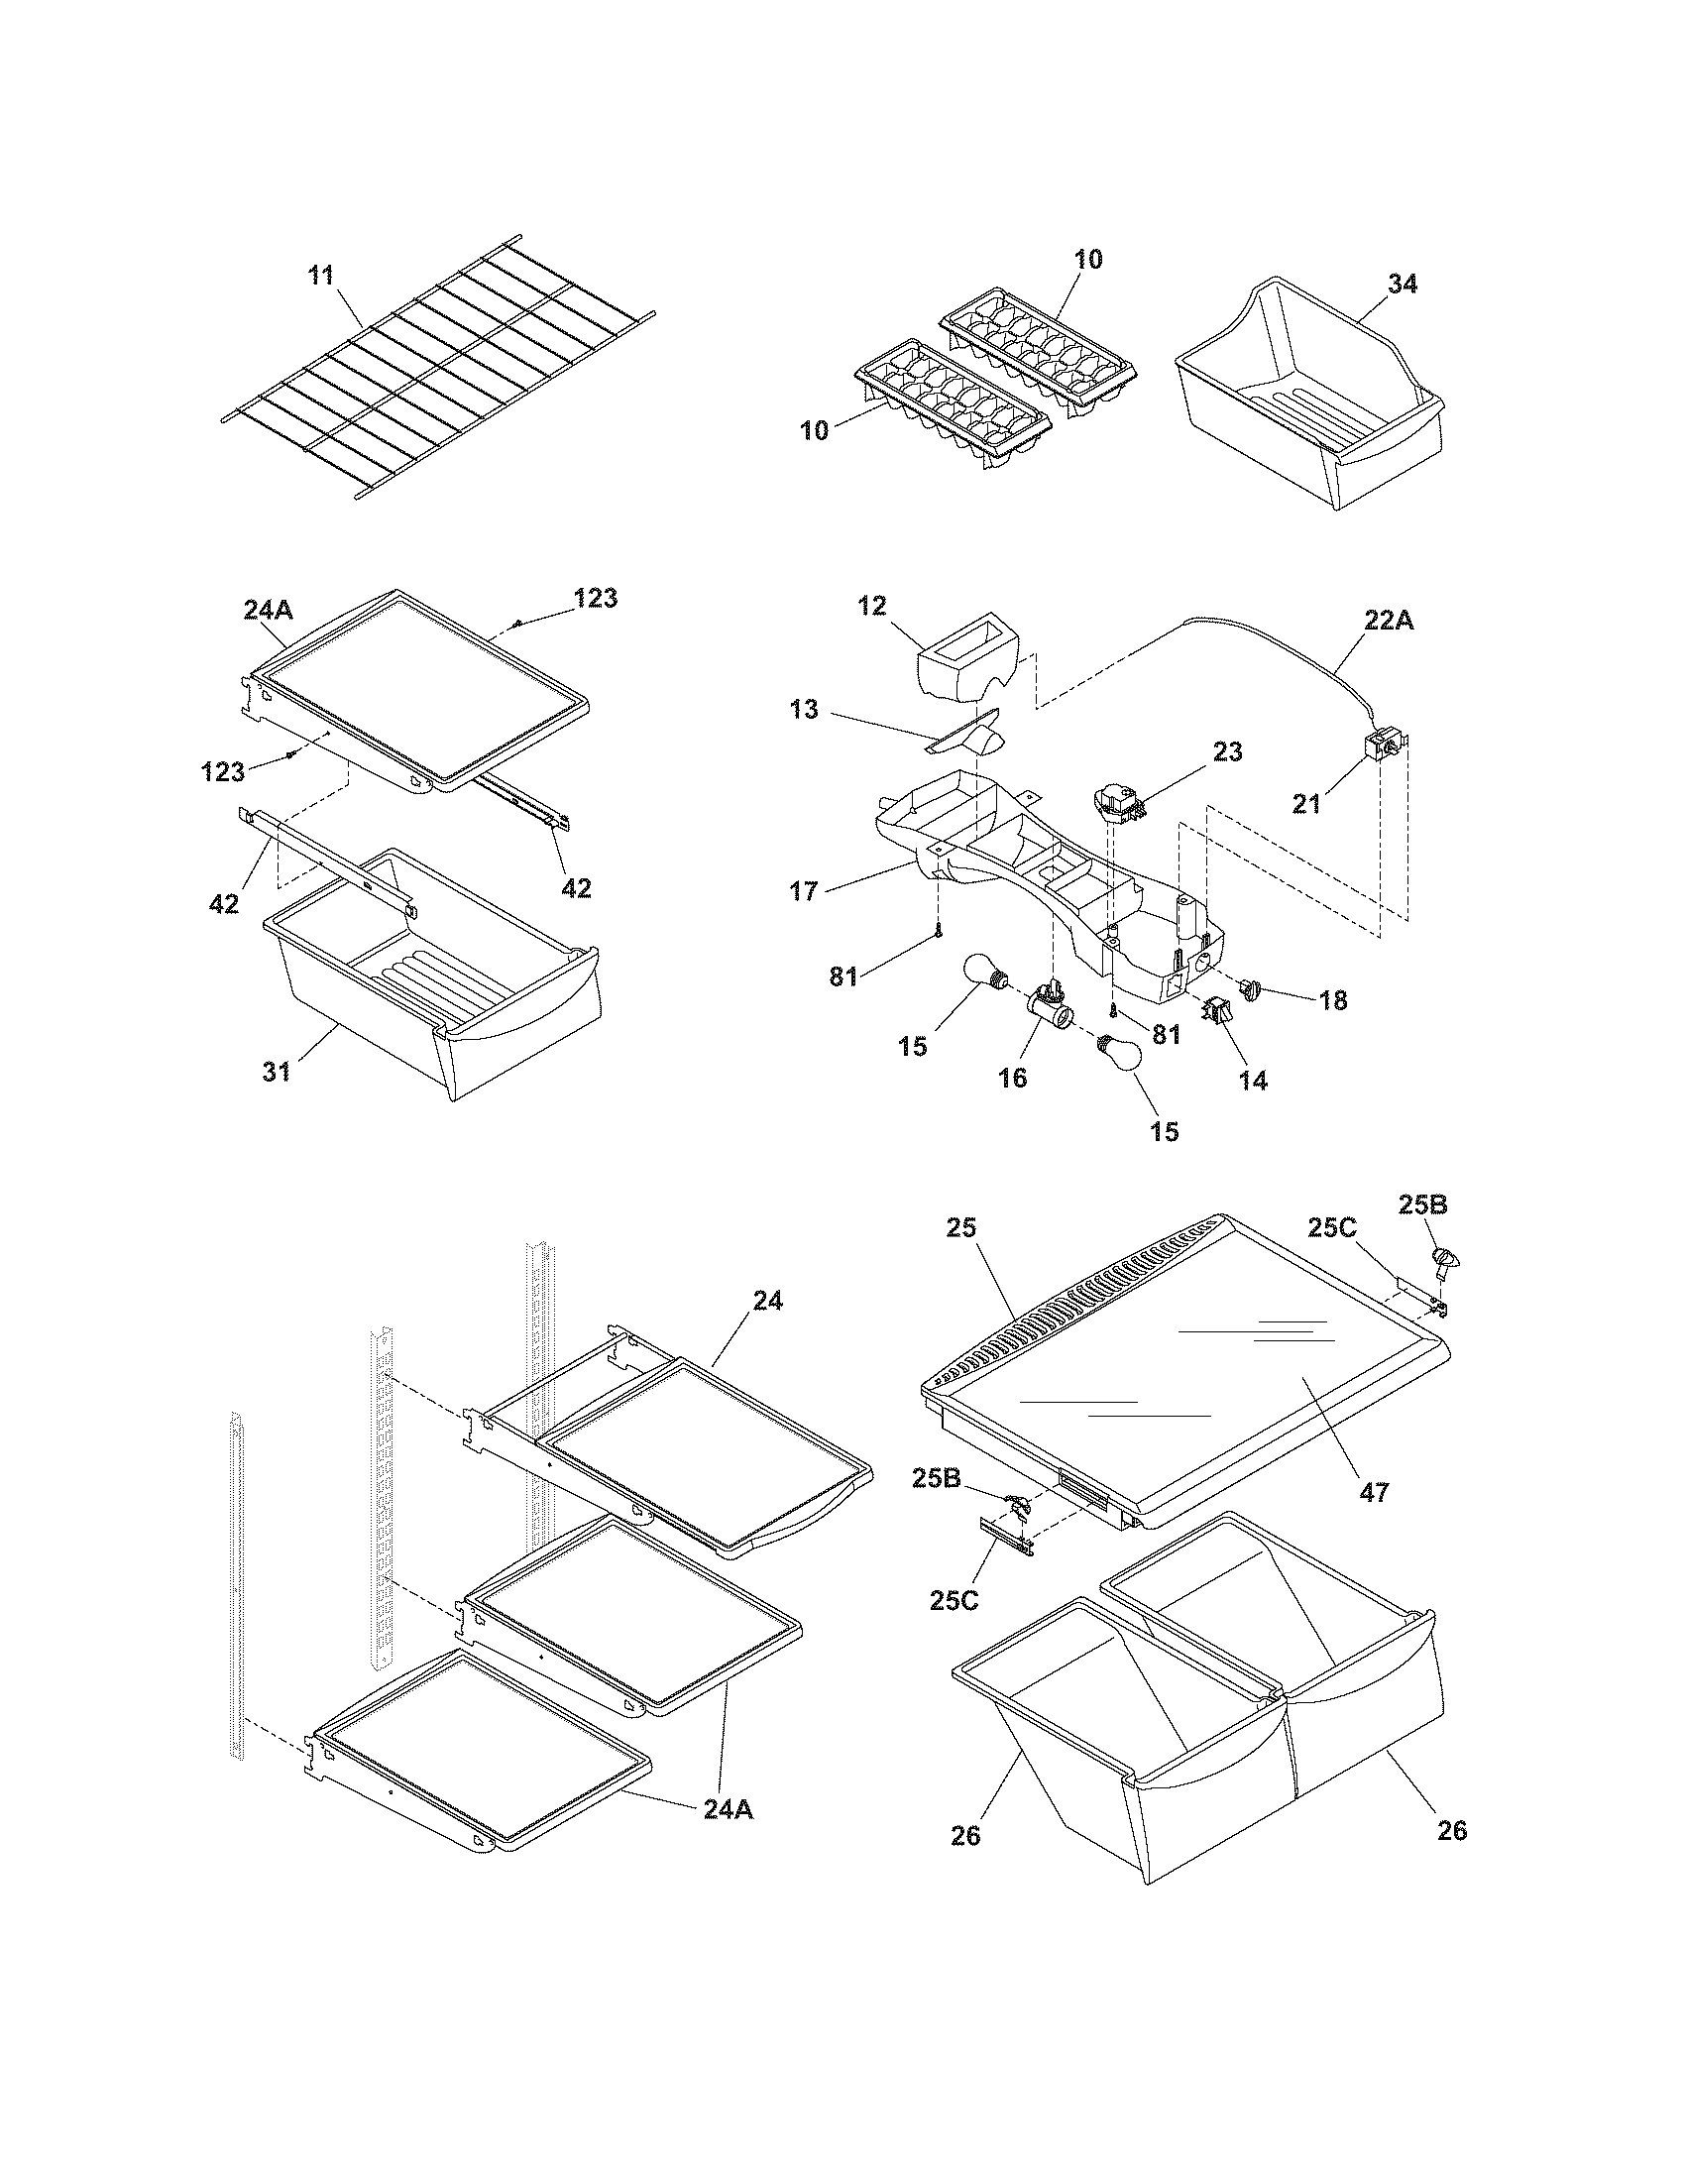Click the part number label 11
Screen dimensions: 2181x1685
click(320, 275)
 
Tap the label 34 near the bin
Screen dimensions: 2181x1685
click(1402, 285)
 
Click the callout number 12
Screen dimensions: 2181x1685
click(871, 606)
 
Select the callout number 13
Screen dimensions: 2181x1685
click(803, 709)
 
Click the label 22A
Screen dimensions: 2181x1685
click(1389, 621)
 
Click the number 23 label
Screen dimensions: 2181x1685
click(1227, 752)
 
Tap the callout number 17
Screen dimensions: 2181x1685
click(804, 891)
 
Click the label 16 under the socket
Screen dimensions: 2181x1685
click(1012, 1078)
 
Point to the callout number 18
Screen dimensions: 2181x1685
click(1332, 999)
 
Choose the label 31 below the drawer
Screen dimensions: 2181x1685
click(277, 1072)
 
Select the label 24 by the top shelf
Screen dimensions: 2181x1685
click(767, 1301)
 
